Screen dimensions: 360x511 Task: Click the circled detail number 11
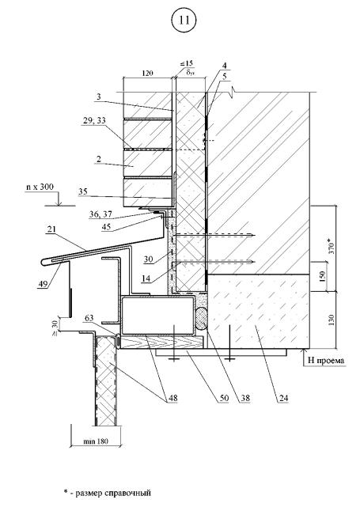[x=184, y=21]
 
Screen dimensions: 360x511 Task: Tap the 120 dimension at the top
[x=147, y=74]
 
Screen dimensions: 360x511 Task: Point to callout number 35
[x=83, y=191]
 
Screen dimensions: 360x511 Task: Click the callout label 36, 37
[x=100, y=214]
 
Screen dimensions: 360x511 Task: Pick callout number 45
[x=106, y=227]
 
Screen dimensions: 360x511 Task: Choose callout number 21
[x=51, y=229]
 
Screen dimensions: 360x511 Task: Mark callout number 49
[x=43, y=285]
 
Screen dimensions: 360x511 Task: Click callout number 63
[x=89, y=318]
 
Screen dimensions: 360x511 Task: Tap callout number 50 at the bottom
[x=224, y=398]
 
